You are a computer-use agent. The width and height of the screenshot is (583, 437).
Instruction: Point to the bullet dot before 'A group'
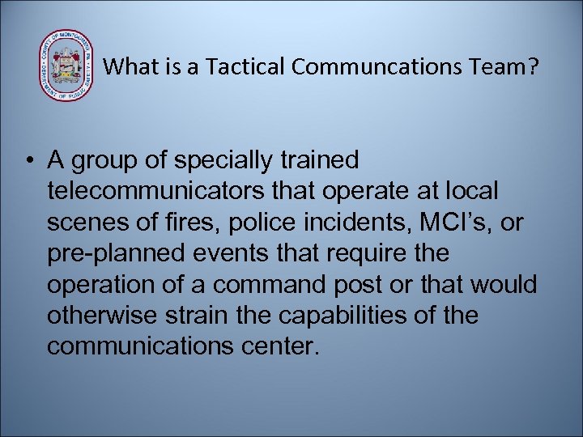coord(29,161)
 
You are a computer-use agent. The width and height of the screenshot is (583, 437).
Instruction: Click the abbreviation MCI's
coord(456,223)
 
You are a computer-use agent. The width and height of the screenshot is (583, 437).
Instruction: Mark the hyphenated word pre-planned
coord(113,253)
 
